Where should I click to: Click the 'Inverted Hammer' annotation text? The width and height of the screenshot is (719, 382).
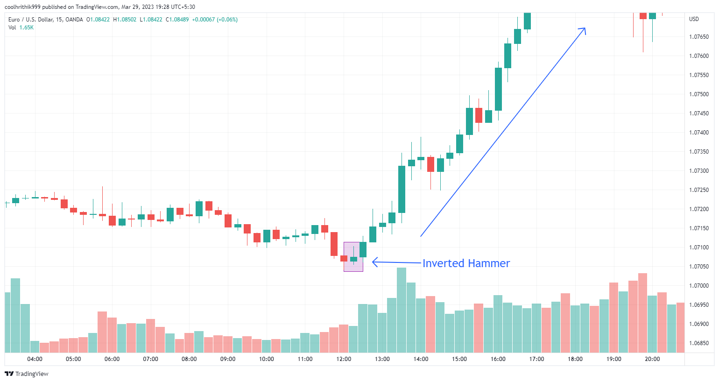(466, 263)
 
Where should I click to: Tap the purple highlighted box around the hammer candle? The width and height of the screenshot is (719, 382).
(353, 256)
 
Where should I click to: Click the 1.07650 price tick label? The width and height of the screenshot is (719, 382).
(699, 37)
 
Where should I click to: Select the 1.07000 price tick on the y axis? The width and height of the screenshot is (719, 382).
(699, 286)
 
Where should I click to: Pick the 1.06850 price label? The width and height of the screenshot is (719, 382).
(699, 343)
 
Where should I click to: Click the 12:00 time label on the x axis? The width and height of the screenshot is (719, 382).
(344, 359)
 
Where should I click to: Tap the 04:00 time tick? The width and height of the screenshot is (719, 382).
(35, 359)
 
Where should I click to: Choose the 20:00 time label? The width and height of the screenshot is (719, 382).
(652, 359)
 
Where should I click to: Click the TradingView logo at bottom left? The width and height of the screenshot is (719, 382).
(27, 374)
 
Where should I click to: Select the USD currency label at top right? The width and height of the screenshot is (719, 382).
(694, 19)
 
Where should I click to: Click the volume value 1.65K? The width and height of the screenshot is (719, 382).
(27, 28)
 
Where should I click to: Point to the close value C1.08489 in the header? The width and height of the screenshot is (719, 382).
(177, 20)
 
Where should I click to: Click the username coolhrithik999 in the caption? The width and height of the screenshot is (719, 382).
(22, 7)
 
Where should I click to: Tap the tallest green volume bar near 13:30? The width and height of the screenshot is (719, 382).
(402, 310)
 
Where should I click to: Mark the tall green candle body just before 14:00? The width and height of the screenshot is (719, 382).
(402, 189)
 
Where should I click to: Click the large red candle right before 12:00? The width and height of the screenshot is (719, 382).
(334, 244)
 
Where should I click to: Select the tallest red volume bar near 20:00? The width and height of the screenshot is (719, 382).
(642, 313)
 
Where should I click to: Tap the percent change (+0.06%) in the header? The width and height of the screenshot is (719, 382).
(227, 20)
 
